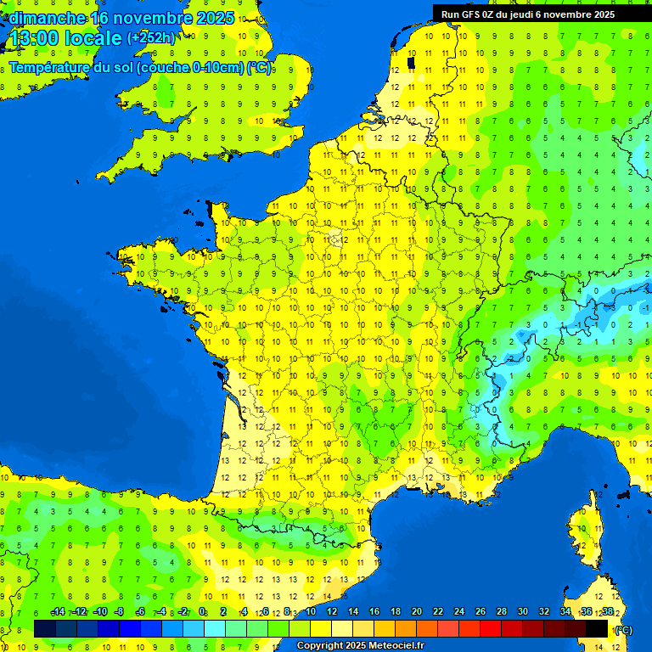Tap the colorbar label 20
[416, 612]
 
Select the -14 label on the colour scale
[58, 612]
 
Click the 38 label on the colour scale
[607, 612]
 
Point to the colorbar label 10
[310, 612]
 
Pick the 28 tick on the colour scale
[501, 612]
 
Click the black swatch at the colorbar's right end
[597, 628]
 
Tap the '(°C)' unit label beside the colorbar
[623, 630]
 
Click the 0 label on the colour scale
[202, 612]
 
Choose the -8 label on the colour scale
[119, 612]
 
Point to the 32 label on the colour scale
[543, 612]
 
